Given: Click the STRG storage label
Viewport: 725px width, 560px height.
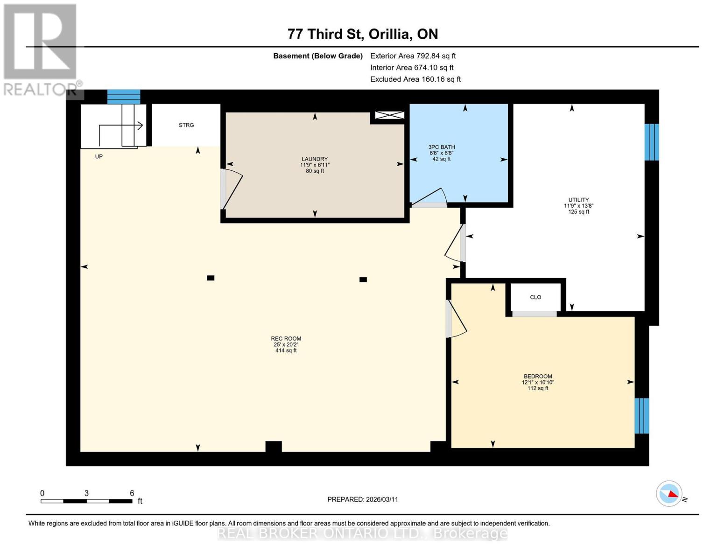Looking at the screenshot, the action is click(186, 125).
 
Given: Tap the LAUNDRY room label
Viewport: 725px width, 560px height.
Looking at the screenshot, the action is click(315, 159).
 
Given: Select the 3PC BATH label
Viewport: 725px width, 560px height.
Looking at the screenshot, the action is click(442, 147).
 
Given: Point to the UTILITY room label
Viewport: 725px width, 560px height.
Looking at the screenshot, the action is click(578, 200).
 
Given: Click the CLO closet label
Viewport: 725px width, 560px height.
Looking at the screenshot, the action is click(535, 297).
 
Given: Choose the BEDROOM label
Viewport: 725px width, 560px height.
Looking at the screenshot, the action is click(538, 376).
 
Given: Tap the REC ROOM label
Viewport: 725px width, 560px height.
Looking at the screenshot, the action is click(286, 338).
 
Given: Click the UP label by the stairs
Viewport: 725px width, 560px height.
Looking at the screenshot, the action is click(99, 156).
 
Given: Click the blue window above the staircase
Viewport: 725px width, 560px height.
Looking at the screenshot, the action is click(123, 97).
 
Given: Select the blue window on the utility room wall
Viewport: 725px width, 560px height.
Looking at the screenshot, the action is click(652, 142).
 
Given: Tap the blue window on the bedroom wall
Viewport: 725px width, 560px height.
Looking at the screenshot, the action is click(641, 416).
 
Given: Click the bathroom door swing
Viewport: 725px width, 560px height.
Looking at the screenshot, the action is click(430, 197).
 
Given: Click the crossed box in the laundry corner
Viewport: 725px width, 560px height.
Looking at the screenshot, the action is click(389, 115).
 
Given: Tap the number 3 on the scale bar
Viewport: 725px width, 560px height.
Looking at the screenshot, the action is click(86, 493).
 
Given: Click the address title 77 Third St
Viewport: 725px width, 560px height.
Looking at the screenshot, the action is click(325, 34).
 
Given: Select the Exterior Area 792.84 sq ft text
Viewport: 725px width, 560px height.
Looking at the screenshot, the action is click(413, 56).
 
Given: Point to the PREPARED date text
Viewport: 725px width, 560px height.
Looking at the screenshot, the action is click(363, 499).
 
